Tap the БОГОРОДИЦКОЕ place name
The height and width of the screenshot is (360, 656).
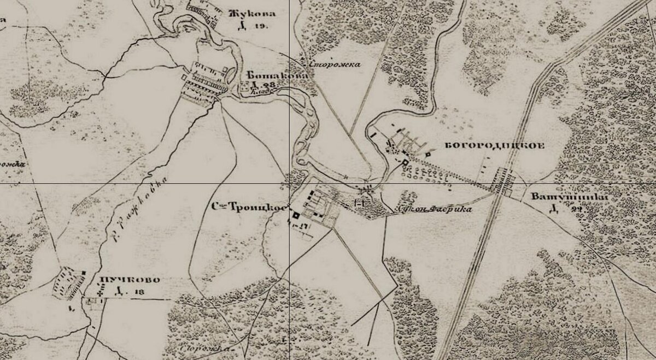pos(496,146)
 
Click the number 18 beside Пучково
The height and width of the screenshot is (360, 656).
pos(140,292)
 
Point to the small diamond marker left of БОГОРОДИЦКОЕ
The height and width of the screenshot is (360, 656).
pos(428,154)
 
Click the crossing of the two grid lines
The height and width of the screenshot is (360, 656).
pos(289,184)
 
